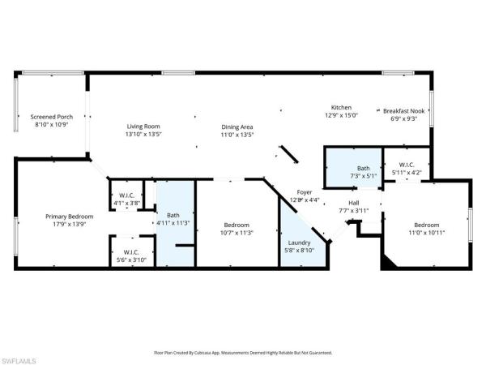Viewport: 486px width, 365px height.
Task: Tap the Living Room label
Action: coord(143,126)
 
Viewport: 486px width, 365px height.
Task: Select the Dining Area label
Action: coord(238,127)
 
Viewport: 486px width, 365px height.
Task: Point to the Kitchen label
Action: coord(341,107)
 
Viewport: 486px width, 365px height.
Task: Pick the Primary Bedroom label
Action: coord(69,217)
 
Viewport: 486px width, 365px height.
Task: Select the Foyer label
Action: coord(304,191)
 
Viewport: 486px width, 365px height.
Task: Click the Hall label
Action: coord(354,203)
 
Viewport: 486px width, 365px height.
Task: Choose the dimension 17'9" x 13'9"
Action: coord(69,225)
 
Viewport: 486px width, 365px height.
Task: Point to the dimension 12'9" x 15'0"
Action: coord(341,115)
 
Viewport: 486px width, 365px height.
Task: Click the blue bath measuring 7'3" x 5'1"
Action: coord(352,168)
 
